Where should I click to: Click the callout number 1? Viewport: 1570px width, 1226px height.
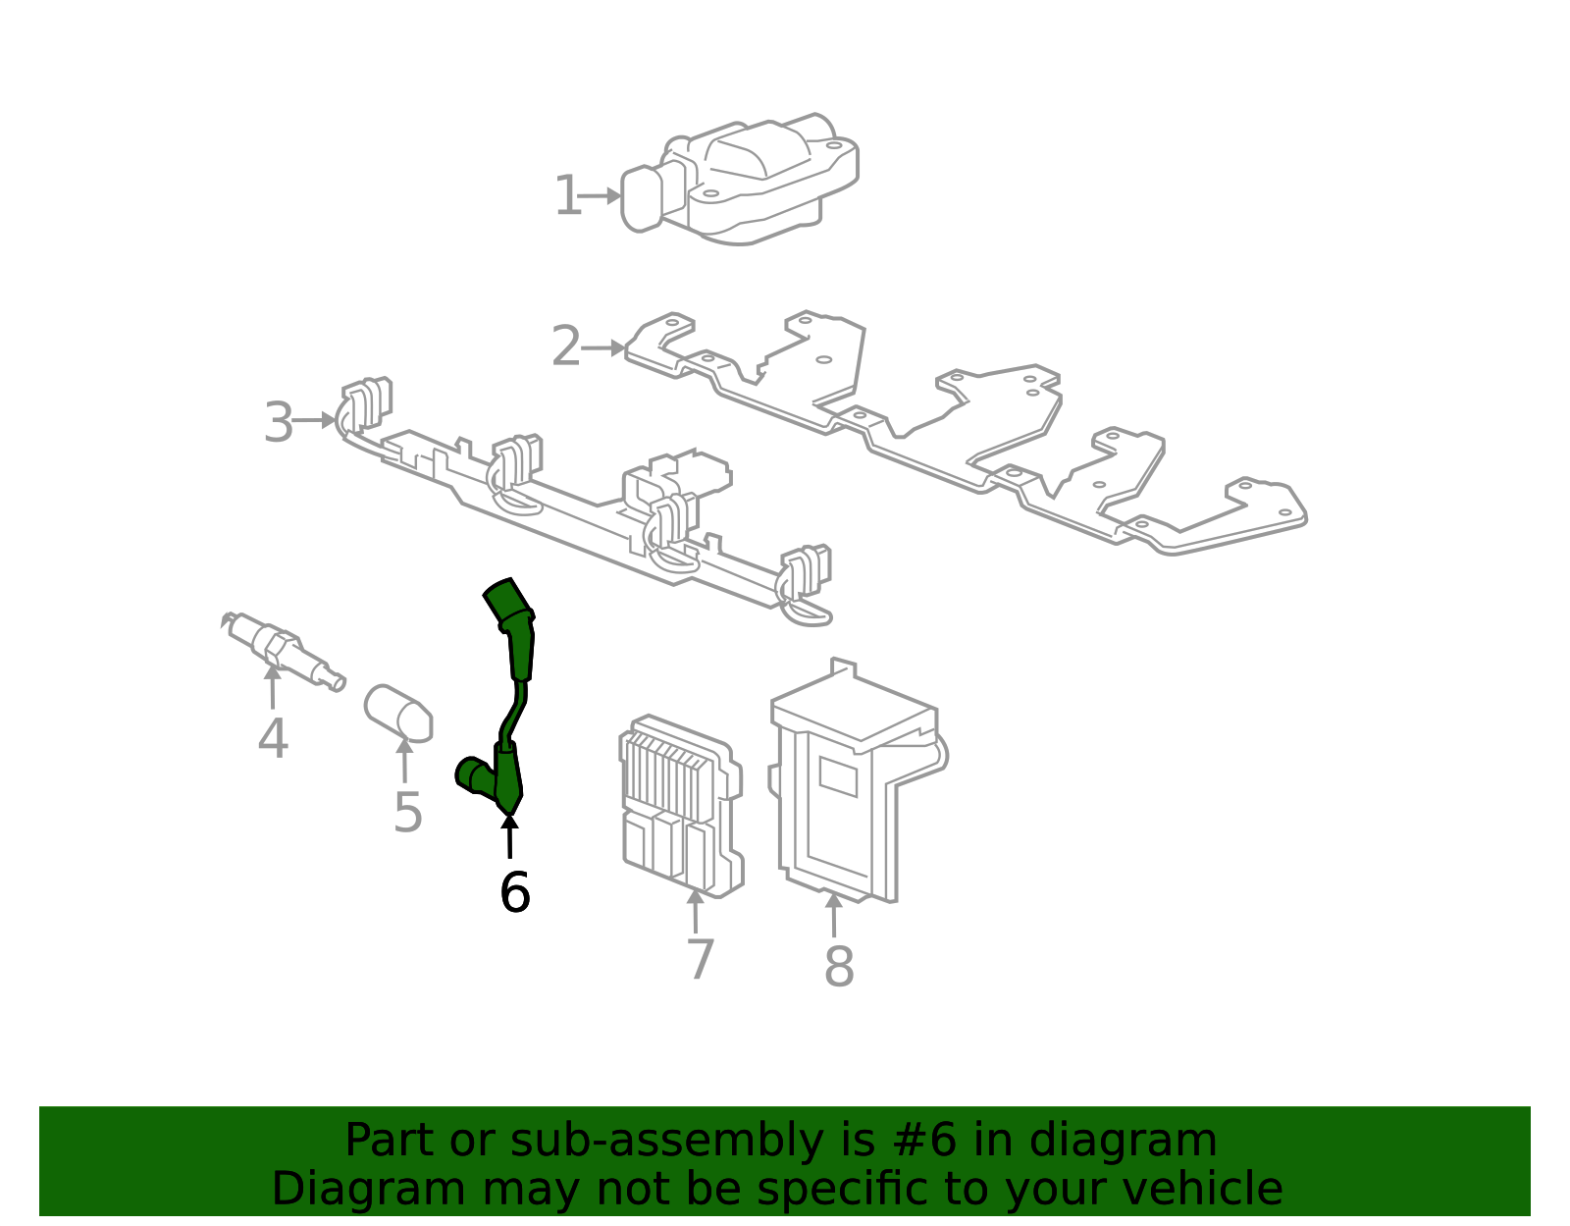coord(567,196)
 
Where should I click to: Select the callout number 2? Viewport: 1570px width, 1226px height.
coord(565,347)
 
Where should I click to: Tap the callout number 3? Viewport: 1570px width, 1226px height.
coord(278,423)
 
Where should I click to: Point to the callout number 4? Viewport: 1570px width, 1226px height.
coord(273,738)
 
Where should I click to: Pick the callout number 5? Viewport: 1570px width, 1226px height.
coord(407,813)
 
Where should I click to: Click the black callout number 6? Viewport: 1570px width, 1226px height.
coord(514,893)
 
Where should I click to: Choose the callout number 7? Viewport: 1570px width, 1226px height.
coord(700,959)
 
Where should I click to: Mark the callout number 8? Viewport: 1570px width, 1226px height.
coord(839,967)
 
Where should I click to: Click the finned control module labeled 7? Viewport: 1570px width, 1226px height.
coord(680,805)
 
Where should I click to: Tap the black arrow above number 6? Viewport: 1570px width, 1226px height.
coord(509,836)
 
